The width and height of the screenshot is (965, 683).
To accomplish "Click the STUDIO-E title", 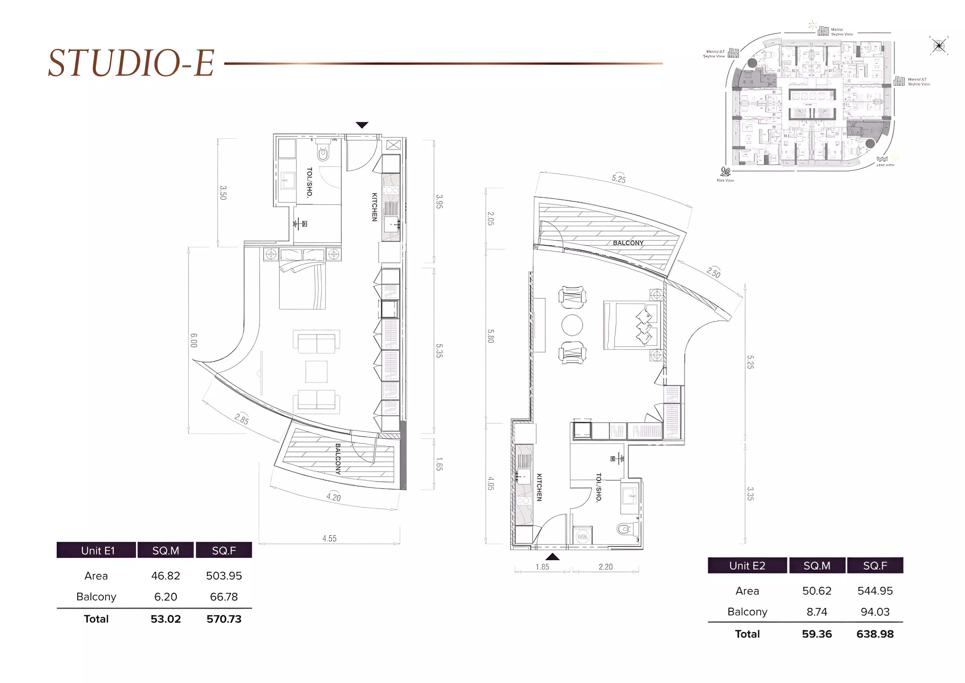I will tap(131, 63).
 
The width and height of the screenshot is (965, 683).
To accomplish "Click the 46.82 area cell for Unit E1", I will tap(166, 576).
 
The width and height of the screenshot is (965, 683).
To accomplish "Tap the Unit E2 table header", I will tap(747, 566).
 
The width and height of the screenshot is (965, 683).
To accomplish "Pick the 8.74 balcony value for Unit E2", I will tap(816, 612).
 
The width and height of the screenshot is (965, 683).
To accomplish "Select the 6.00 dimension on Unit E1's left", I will tap(193, 340).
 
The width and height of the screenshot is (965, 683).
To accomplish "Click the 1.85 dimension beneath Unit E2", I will tap(542, 567).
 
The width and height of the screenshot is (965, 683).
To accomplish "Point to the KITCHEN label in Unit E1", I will tap(374, 207).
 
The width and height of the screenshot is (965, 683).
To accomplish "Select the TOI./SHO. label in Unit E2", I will tap(599, 488).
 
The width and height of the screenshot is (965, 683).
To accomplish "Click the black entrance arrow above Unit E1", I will tap(362, 125).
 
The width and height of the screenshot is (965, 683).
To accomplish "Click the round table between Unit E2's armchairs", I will tap(572, 325).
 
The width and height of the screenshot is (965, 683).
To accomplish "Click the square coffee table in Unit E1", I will tap(316, 371).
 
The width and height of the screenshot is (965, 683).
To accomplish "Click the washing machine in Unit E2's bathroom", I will tap(582, 537).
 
